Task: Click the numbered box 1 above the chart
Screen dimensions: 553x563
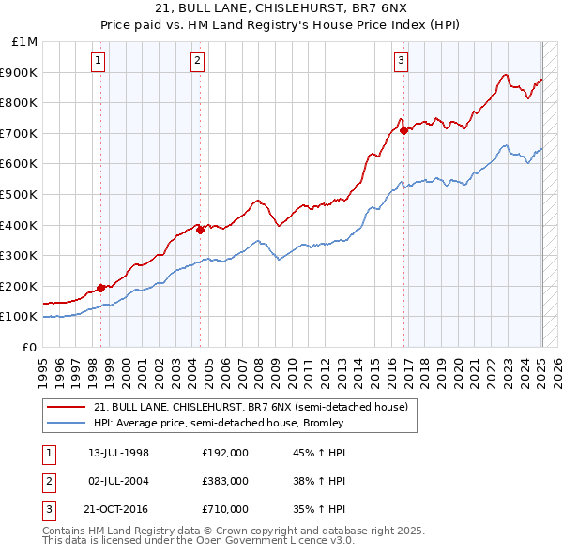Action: pos(99,61)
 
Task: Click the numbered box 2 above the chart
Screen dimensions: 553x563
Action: pos(198,61)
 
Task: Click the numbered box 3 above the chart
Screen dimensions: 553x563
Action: pos(401,61)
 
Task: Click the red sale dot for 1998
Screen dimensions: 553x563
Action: pos(101,288)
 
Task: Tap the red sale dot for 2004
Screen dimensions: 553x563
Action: pos(200,230)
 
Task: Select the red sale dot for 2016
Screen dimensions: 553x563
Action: pos(404,130)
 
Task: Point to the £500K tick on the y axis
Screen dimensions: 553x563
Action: pos(19,194)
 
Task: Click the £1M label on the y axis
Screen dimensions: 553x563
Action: pos(25,41)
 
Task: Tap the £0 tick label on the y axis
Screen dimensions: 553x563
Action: pos(31,347)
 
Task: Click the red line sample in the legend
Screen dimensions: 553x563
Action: pos(67,408)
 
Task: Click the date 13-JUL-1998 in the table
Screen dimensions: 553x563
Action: pos(118,453)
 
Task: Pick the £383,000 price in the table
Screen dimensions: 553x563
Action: pos(225,481)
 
